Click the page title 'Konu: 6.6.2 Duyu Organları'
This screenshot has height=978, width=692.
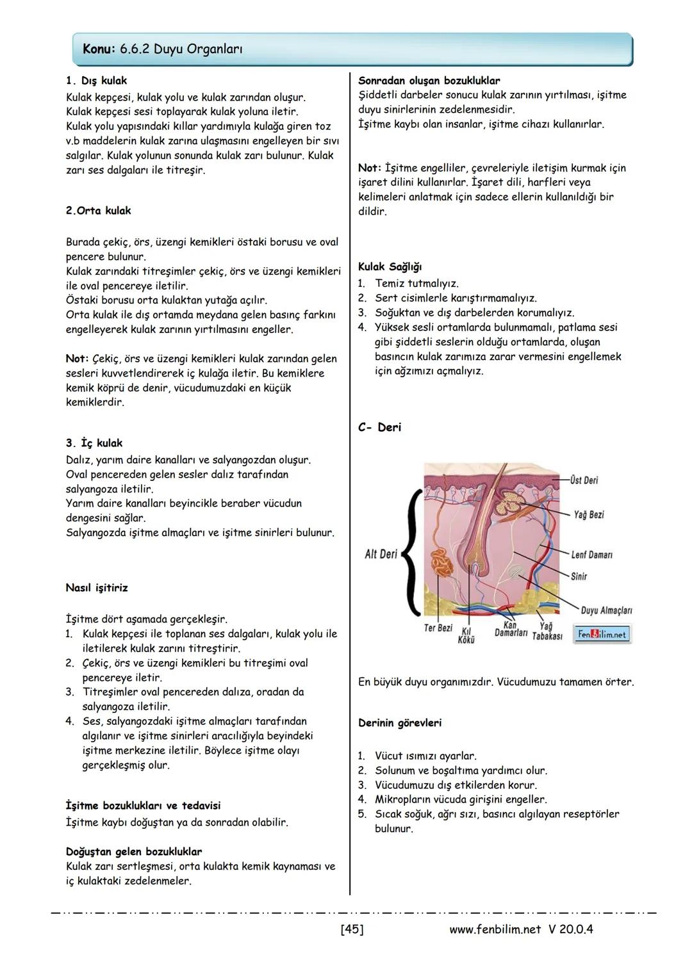click(163, 49)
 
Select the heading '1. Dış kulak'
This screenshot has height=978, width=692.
click(96, 81)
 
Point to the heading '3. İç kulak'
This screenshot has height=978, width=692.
click(94, 443)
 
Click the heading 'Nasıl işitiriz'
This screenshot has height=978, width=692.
click(97, 588)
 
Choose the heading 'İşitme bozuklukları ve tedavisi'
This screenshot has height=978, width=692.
click(143, 806)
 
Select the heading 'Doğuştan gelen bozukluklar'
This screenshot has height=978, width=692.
click(134, 852)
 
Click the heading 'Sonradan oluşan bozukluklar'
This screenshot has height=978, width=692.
click(429, 81)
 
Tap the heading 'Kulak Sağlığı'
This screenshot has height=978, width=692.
click(390, 267)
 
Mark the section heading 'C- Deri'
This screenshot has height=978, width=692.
click(379, 427)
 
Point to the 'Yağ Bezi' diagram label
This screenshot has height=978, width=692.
click(588, 515)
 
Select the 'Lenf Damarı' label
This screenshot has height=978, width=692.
click(591, 555)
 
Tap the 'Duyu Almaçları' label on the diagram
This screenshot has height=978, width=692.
click(606, 610)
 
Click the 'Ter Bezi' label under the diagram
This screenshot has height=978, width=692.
click(438, 628)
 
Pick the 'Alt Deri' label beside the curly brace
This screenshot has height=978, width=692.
click(381, 554)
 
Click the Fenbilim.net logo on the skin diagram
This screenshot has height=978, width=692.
click(602, 634)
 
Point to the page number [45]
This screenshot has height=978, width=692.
click(352, 929)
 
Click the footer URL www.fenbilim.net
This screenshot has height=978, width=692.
click(495, 929)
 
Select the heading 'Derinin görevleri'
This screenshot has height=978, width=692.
click(400, 723)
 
